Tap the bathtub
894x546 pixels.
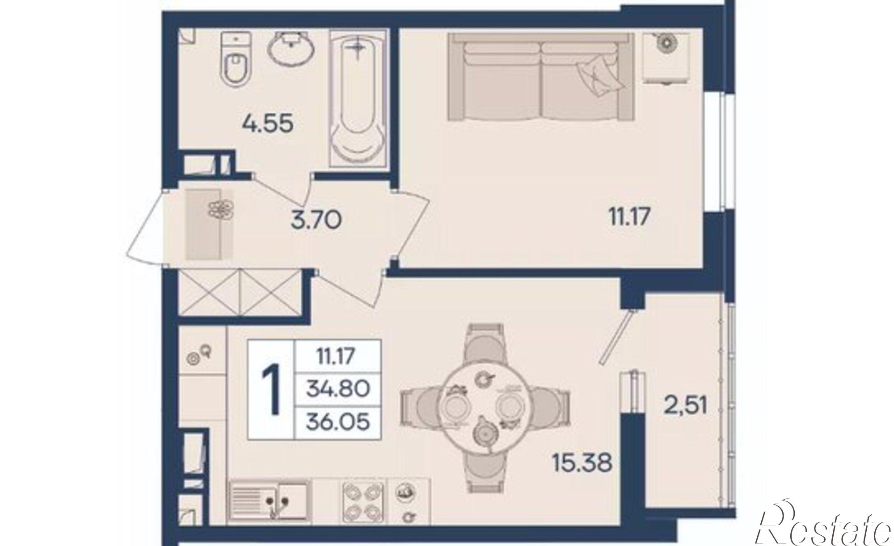tap(358, 98)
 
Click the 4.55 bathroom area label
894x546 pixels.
tap(268, 123)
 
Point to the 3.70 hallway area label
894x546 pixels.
tap(316, 220)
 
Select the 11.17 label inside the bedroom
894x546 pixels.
tap(629, 217)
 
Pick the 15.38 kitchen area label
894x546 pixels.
tap(582, 463)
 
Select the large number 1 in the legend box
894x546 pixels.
tap(271, 388)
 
